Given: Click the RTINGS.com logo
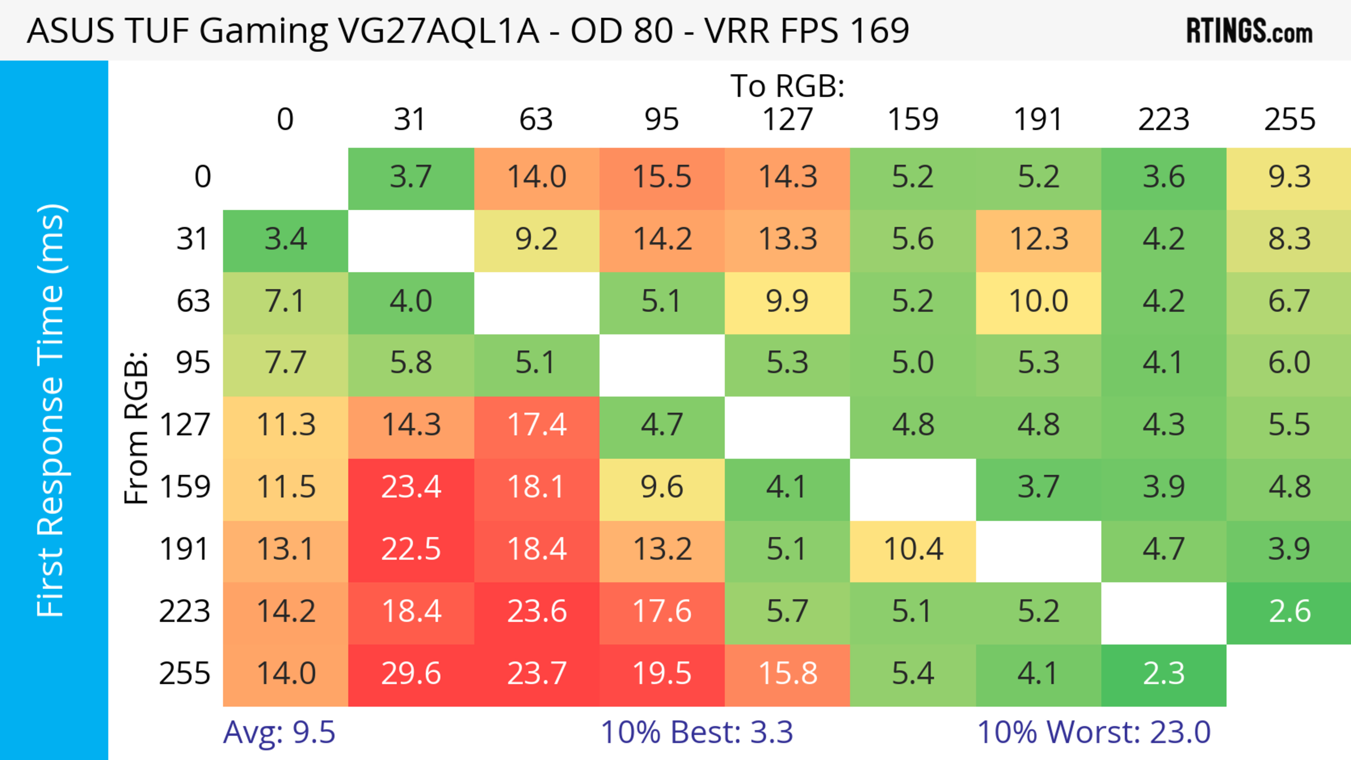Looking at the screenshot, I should point(1249,31).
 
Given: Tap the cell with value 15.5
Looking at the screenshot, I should point(662,178).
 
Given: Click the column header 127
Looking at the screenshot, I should point(787,120).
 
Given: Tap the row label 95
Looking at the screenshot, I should point(193,363).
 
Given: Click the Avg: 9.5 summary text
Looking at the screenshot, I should point(279,732).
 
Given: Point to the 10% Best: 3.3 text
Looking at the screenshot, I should point(697,732).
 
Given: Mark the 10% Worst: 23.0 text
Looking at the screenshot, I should point(1094,732).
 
